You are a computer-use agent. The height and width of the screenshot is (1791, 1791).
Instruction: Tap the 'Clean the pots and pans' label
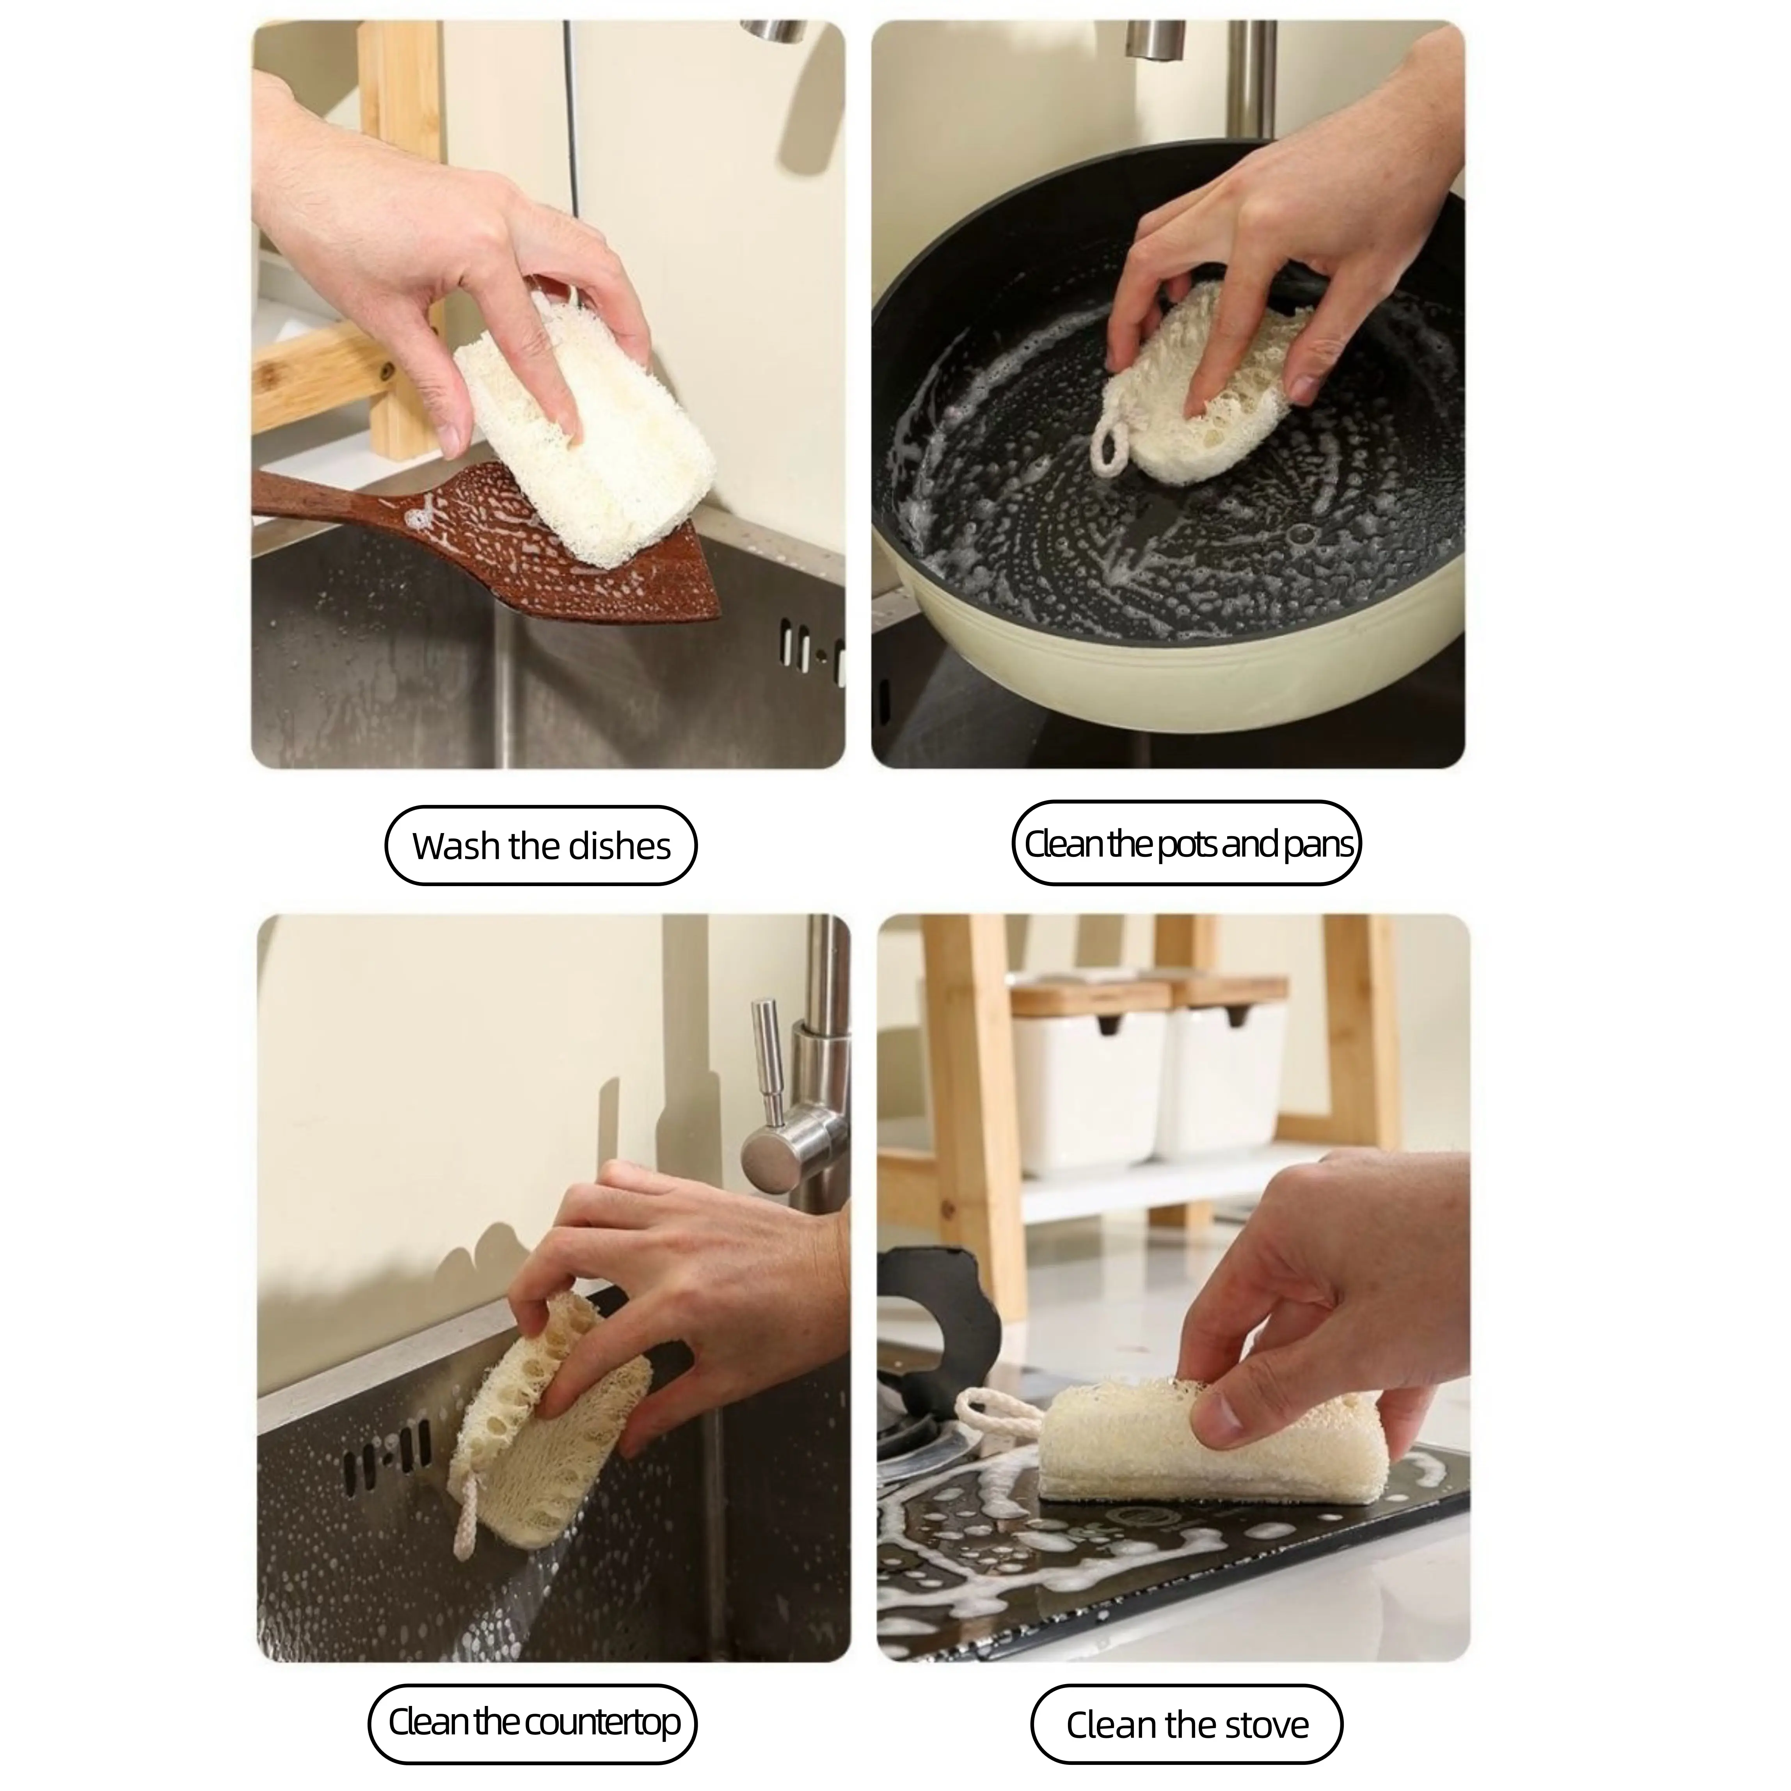[x=1187, y=844]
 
